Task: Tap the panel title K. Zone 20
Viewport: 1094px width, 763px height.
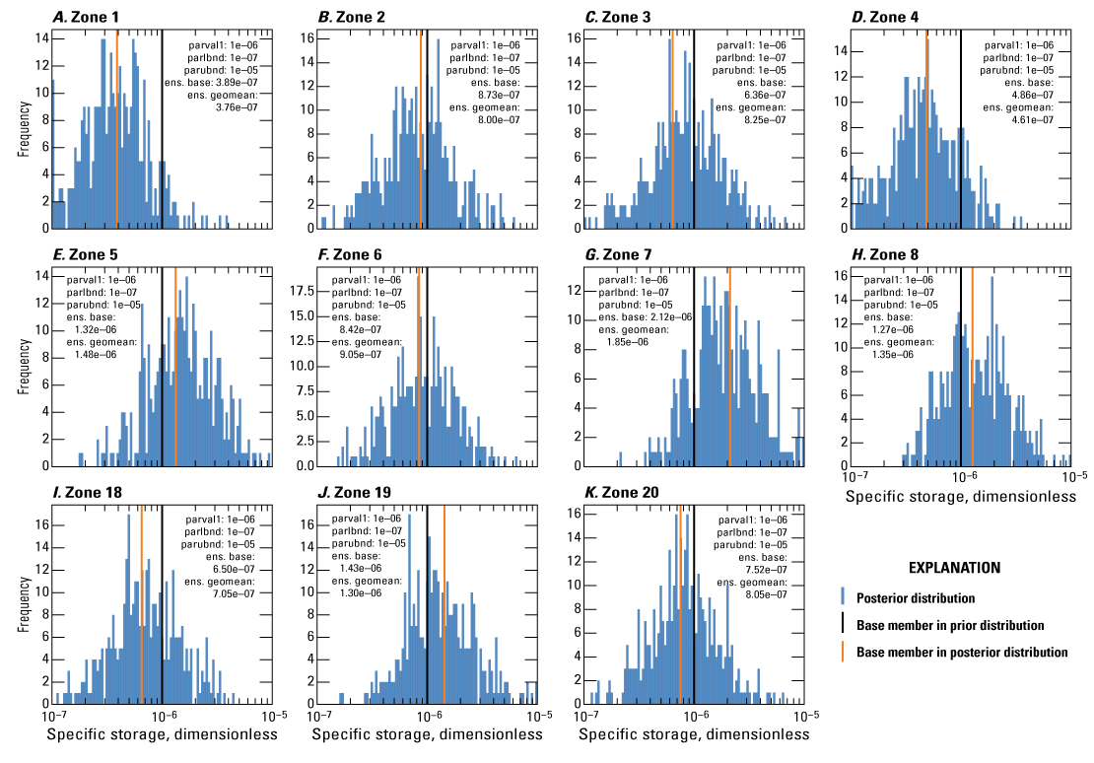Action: pyautogui.click(x=623, y=492)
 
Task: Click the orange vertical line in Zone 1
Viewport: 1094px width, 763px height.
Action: pyautogui.click(x=117, y=128)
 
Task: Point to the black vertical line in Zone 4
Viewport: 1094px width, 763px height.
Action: pyautogui.click(x=961, y=128)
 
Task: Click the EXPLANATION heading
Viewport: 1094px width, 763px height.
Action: pyautogui.click(x=953, y=569)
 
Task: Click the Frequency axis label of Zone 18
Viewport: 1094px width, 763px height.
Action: pyautogui.click(x=23, y=606)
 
